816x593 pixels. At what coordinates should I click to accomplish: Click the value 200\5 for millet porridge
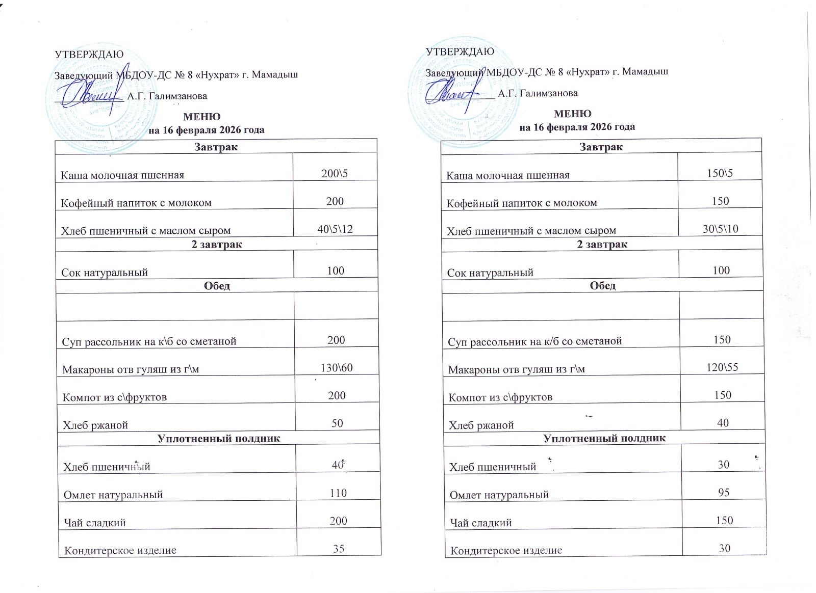click(x=335, y=174)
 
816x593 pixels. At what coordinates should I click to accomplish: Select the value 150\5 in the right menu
click(x=720, y=173)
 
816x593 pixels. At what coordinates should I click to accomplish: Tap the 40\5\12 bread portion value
click(x=335, y=229)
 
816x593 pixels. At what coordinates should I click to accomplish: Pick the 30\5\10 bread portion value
click(x=720, y=229)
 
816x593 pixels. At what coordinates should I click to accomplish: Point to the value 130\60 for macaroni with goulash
click(x=337, y=368)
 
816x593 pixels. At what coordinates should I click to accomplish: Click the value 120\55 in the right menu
click(x=722, y=367)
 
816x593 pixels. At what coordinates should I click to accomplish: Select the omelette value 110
click(x=338, y=493)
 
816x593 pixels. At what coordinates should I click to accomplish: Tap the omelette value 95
click(x=724, y=492)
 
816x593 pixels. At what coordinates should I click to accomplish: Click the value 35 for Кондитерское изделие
click(x=339, y=549)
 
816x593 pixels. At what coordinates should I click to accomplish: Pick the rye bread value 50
click(x=337, y=423)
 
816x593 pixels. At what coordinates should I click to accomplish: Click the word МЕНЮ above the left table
click(x=201, y=117)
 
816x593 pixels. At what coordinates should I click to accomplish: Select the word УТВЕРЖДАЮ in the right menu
click(x=460, y=51)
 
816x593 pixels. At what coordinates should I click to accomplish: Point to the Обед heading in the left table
click(x=217, y=286)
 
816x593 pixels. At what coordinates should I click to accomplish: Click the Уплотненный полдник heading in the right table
click(x=604, y=438)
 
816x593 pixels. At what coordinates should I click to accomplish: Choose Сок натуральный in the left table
click(x=105, y=273)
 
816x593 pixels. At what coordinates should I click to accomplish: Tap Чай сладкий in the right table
click(x=480, y=523)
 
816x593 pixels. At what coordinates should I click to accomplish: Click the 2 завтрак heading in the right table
click(x=602, y=244)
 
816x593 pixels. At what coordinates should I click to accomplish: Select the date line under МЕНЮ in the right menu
click(x=577, y=127)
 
